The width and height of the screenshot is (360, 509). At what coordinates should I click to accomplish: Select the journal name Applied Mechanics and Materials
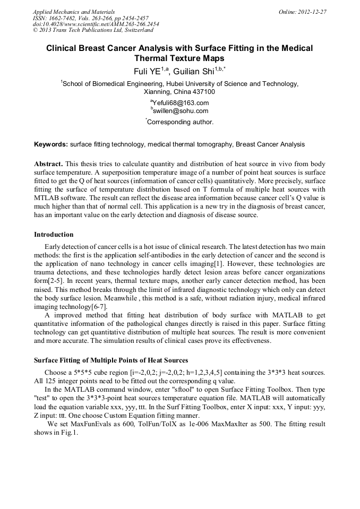(73, 12)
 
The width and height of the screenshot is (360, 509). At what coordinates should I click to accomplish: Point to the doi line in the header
(96, 24)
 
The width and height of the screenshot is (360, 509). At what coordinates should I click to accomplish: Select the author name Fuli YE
(150, 71)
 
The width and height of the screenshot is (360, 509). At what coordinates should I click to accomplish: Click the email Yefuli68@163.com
(180, 103)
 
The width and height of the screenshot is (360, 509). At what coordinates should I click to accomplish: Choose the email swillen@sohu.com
(180, 111)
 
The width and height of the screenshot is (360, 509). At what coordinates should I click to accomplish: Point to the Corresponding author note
(180, 122)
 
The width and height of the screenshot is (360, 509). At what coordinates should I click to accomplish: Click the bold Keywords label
(51, 144)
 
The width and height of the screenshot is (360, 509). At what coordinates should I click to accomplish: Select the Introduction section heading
(54, 234)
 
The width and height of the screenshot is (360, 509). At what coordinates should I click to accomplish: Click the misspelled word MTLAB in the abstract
(45, 198)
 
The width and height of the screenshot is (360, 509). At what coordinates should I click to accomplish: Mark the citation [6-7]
(98, 307)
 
